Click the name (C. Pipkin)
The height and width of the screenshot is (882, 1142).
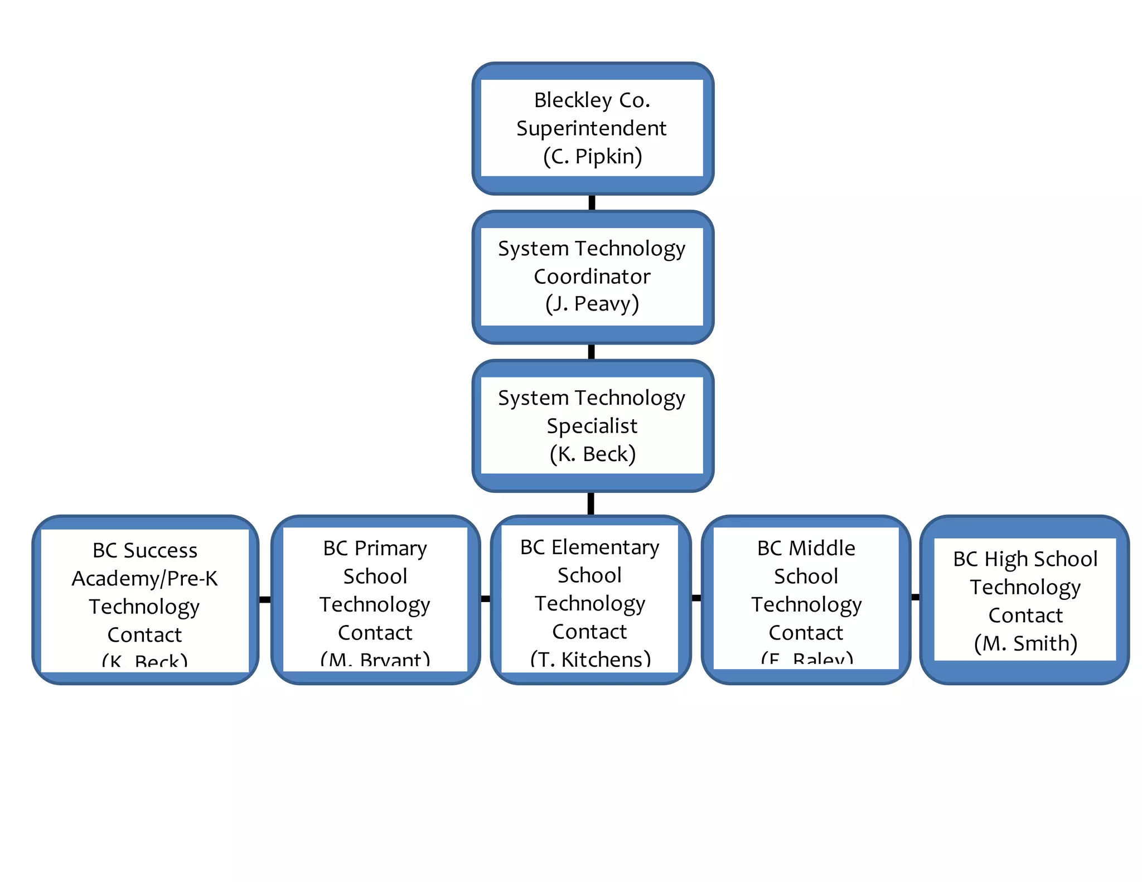pyautogui.click(x=592, y=157)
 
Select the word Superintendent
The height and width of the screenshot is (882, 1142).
pyautogui.click(x=591, y=128)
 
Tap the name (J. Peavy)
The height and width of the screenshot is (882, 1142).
pyautogui.click(x=592, y=304)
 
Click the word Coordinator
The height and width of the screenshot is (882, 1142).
pyautogui.click(x=592, y=277)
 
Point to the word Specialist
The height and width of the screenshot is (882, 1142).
pyautogui.click(x=592, y=426)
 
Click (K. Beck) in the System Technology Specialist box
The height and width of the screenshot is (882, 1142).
pyautogui.click(x=592, y=454)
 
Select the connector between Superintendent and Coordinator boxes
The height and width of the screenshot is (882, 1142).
pyautogui.click(x=592, y=202)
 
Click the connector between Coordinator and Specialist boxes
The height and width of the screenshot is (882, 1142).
pyautogui.click(x=591, y=352)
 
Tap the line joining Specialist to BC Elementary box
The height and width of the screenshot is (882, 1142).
pyautogui.click(x=591, y=503)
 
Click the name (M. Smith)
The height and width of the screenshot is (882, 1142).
pyautogui.click(x=1025, y=643)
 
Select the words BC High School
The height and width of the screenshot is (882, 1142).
pyautogui.click(x=1025, y=559)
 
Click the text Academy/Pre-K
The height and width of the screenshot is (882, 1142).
pyautogui.click(x=144, y=579)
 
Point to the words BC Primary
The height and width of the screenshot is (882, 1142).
pyautogui.click(x=375, y=548)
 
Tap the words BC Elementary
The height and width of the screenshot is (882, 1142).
pyautogui.click(x=589, y=547)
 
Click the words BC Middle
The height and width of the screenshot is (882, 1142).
pyautogui.click(x=806, y=548)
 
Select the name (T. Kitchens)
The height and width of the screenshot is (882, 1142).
pyautogui.click(x=590, y=660)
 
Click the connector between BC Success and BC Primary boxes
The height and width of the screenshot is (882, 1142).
pyautogui.click(x=265, y=599)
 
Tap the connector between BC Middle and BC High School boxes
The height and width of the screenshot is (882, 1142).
pyautogui.click(x=915, y=597)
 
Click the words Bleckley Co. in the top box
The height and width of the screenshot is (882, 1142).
pyautogui.click(x=592, y=100)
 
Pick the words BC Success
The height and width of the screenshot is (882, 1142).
pyautogui.click(x=144, y=550)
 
